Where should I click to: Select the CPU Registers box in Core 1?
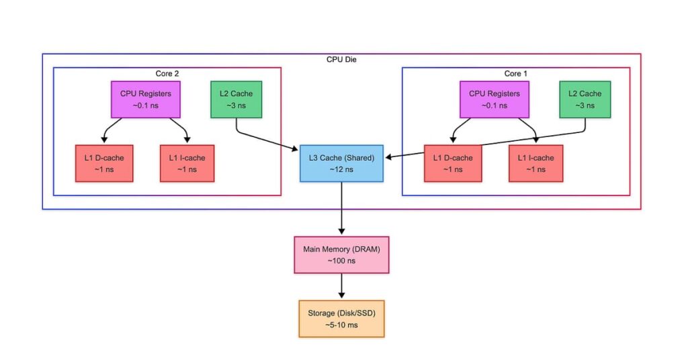point(494,99)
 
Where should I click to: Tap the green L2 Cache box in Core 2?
point(236,99)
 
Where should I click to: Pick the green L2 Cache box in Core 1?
point(585,99)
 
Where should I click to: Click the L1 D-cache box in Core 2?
point(104,163)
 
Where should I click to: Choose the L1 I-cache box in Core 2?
point(187,163)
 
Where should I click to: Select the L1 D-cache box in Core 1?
point(452,163)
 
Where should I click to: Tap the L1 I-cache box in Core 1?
point(535,163)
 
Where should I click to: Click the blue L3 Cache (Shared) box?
point(341,163)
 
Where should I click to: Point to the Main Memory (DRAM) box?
point(341,255)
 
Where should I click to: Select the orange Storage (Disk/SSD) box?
point(341,318)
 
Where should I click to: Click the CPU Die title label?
point(341,60)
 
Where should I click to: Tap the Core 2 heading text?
point(167,73)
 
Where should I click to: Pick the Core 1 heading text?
point(516,73)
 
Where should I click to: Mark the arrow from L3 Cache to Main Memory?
point(342,208)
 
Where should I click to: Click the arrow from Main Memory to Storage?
point(342,286)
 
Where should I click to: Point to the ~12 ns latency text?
point(341,169)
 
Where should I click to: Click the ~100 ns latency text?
point(341,261)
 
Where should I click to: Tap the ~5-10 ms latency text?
point(341,324)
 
